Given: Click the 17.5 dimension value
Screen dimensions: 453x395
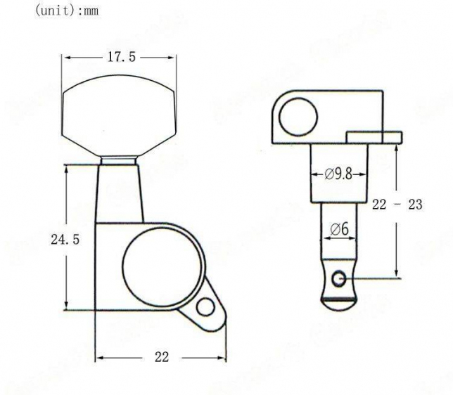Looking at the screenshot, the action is pyautogui.click(x=121, y=57).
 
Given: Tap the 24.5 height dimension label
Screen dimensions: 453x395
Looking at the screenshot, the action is pyautogui.click(x=65, y=240).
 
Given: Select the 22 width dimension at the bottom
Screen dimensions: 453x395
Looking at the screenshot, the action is pyautogui.click(x=162, y=357).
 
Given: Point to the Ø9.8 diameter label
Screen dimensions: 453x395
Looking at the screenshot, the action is pyautogui.click(x=338, y=174).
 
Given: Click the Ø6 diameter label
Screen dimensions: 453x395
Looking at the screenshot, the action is pyautogui.click(x=340, y=230).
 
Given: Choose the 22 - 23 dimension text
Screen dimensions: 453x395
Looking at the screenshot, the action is pyautogui.click(x=397, y=205).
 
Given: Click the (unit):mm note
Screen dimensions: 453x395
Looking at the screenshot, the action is pyautogui.click(x=67, y=11).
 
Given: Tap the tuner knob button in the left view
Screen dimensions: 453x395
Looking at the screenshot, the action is pyautogui.click(x=119, y=115).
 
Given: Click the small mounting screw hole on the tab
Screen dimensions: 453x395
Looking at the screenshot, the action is pyautogui.click(x=205, y=306).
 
